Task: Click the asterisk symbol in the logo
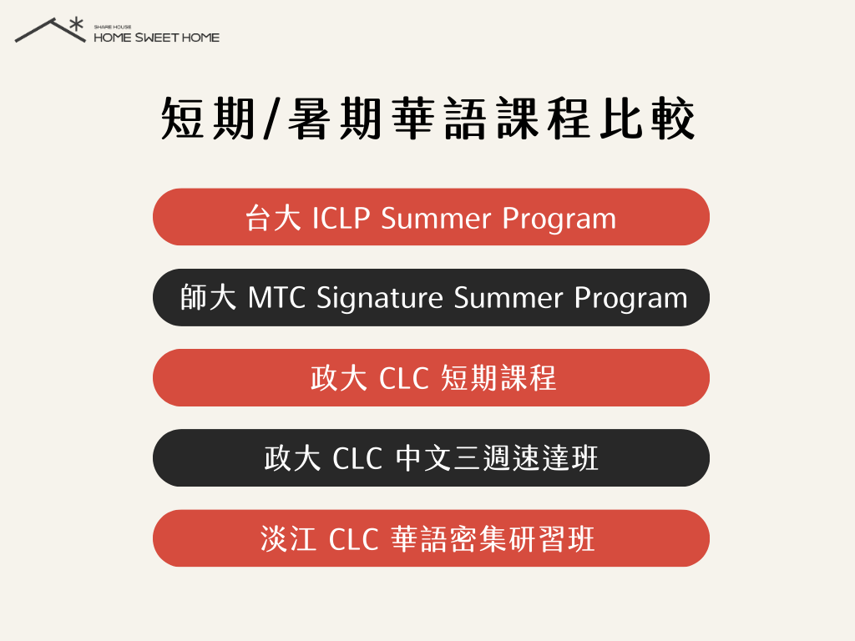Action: [76, 25]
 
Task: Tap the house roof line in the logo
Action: [50, 30]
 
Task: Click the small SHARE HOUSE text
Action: [113, 27]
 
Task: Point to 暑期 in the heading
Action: [334, 119]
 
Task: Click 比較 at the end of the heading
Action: [648, 119]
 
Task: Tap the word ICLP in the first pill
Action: [341, 218]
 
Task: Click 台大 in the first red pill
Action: [273, 218]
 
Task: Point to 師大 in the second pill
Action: [208, 298]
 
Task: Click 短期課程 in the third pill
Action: [498, 378]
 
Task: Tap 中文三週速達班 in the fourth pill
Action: [497, 458]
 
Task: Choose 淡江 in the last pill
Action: [288, 538]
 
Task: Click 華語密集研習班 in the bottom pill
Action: [493, 538]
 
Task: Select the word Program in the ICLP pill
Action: [559, 220]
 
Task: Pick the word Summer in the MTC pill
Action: [508, 299]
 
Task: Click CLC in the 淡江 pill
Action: [354, 539]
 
